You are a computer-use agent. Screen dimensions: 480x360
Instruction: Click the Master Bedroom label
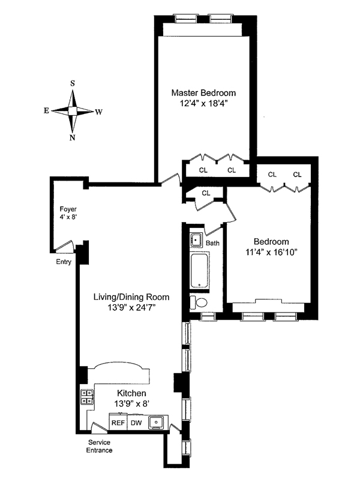[x=203, y=93]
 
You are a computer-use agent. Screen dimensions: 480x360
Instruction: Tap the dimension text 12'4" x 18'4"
[x=203, y=104]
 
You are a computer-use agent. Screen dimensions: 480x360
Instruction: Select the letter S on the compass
[x=73, y=83]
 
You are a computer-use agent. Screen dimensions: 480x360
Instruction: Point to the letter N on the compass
[x=73, y=137]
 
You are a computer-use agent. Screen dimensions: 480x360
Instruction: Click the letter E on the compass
[x=46, y=111]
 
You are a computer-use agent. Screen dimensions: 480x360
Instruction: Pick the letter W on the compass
[x=99, y=111]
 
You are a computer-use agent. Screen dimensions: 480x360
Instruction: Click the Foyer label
[x=67, y=209]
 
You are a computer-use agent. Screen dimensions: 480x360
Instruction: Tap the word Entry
[x=64, y=262]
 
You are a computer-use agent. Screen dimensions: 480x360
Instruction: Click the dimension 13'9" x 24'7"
[x=131, y=308]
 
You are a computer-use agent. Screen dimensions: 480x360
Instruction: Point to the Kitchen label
[x=131, y=393]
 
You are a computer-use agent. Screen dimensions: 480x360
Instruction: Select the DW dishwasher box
[x=136, y=422]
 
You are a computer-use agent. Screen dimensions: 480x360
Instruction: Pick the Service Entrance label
[x=98, y=446]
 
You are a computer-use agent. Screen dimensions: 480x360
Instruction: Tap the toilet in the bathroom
[x=197, y=301]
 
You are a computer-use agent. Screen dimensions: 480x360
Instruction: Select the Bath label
[x=212, y=243]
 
